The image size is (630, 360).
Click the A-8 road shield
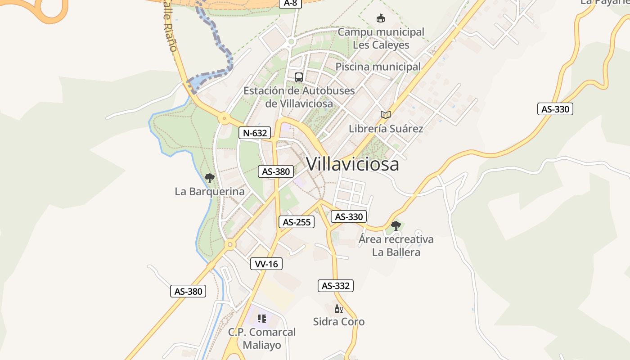(x=291, y=3)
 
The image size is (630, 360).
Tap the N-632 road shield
(x=255, y=133)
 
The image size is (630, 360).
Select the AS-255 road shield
(x=296, y=222)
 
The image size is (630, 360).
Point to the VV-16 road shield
(x=266, y=264)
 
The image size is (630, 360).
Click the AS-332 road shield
(x=336, y=286)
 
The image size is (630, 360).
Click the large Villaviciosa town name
(x=352, y=164)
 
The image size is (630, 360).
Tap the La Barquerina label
(x=210, y=192)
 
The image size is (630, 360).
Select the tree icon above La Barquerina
(x=209, y=178)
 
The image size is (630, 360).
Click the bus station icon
(x=299, y=77)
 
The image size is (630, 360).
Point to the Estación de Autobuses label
(x=299, y=97)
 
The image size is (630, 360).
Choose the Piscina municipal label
(x=378, y=67)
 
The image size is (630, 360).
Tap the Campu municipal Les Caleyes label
(x=381, y=38)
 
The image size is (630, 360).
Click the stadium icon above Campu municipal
(x=381, y=18)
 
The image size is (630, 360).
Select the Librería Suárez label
(x=386, y=129)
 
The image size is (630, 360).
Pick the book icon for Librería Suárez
(x=386, y=115)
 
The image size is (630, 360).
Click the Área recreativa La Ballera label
(x=396, y=245)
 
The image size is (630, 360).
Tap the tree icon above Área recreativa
(x=396, y=225)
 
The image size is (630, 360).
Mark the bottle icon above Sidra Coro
(x=339, y=309)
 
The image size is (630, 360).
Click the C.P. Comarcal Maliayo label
(x=262, y=338)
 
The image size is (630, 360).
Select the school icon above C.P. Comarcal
(x=262, y=319)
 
